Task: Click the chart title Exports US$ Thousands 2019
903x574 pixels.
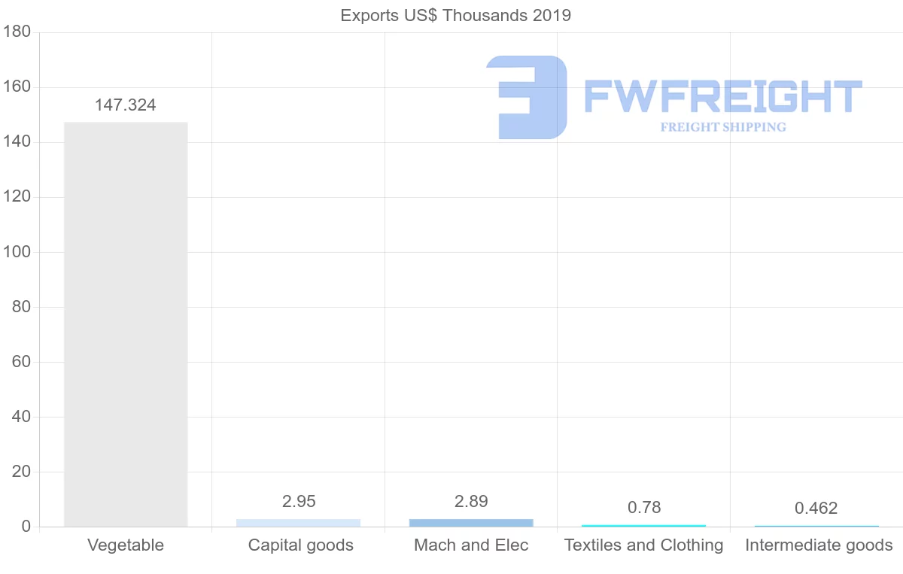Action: [x=455, y=15]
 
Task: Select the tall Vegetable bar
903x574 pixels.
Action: [x=126, y=323]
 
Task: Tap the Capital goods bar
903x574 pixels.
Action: [x=298, y=523]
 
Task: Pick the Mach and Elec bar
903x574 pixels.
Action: [x=471, y=523]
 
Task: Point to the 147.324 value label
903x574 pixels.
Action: [x=126, y=105]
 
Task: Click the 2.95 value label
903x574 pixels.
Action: [x=299, y=501]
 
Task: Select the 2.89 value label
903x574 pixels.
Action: [x=471, y=501]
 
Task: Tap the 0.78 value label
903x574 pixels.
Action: [x=644, y=508]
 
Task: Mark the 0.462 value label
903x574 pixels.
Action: [x=816, y=509]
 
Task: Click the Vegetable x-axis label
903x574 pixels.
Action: [x=126, y=545]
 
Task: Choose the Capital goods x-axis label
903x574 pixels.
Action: [x=301, y=545]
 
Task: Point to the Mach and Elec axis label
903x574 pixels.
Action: [x=471, y=545]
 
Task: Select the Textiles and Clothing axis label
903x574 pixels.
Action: [x=644, y=545]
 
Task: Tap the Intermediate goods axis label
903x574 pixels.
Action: [x=819, y=545]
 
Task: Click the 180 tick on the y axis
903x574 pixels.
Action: [x=17, y=32]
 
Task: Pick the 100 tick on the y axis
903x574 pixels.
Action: [x=17, y=252]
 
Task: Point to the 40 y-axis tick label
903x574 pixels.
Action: [x=20, y=417]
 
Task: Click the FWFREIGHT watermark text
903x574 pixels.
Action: [x=722, y=96]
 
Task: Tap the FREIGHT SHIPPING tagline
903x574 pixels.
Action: [x=723, y=127]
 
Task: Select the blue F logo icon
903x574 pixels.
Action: [x=527, y=97]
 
